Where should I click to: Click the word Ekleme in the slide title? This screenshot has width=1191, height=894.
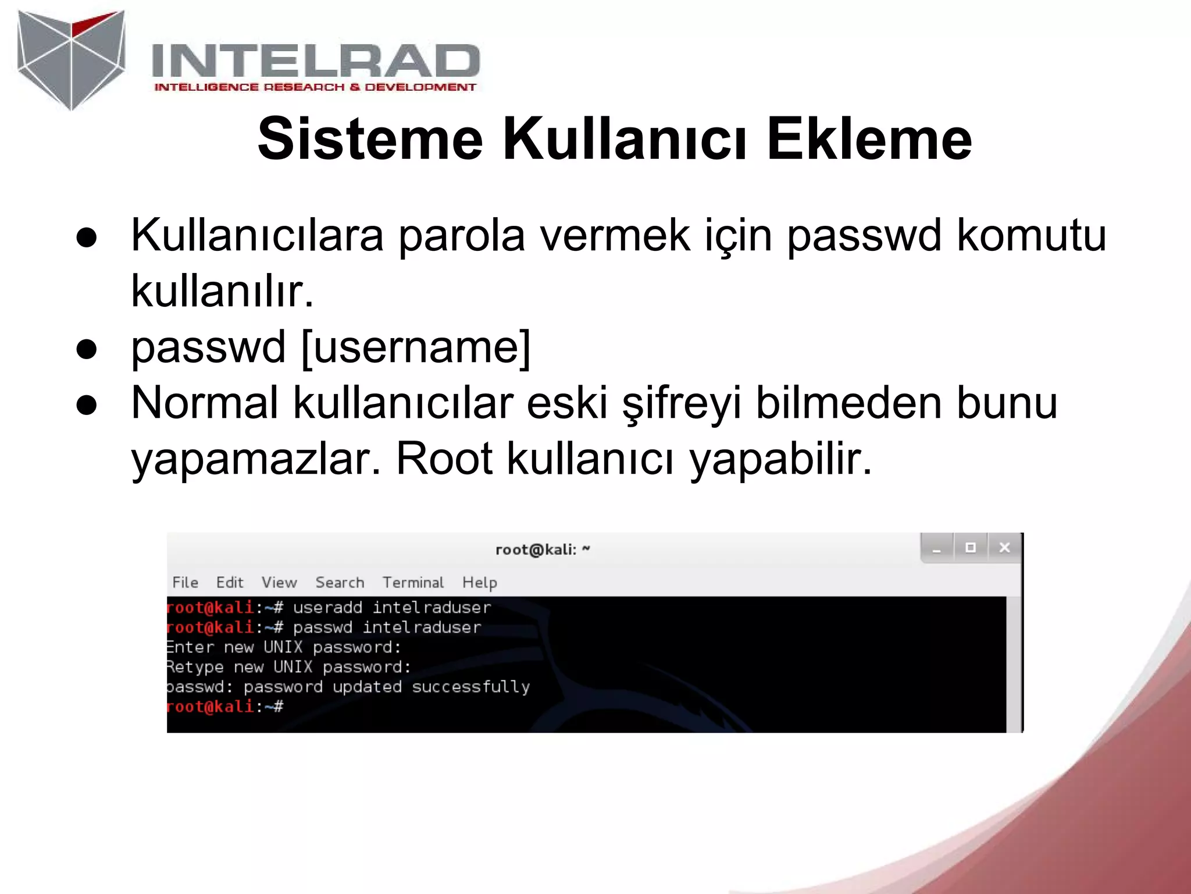[869, 139]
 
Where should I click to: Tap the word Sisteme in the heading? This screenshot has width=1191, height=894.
[370, 139]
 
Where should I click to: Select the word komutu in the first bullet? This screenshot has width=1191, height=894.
[1031, 235]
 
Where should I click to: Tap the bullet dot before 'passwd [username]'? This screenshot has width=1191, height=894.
[87, 349]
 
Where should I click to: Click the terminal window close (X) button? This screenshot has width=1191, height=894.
[1004, 548]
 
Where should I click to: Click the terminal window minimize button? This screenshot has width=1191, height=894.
[936, 548]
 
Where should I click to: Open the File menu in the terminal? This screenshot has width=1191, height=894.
[185, 583]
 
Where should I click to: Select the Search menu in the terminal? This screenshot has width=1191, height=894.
[340, 583]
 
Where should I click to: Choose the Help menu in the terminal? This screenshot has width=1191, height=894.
[479, 583]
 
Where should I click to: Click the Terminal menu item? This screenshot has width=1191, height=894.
[412, 583]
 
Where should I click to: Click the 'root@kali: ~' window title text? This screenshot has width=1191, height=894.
[542, 549]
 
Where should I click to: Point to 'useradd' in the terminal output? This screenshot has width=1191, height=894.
[327, 608]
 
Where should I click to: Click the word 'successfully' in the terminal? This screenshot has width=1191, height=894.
[470, 687]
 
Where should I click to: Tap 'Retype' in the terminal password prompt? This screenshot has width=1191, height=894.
[195, 667]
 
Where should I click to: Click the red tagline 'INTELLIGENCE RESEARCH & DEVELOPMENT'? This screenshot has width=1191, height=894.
[315, 87]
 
